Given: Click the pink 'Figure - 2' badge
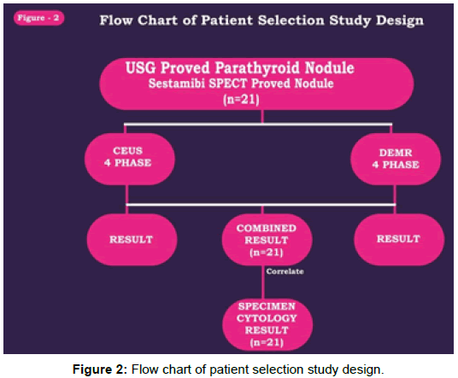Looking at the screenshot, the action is (x=38, y=18).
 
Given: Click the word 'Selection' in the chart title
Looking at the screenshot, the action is (x=291, y=20).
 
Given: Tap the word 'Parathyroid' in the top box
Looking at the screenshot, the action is (x=257, y=68).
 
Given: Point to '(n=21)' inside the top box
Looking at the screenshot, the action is (x=241, y=100).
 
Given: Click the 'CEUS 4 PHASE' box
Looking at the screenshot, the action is (x=130, y=159).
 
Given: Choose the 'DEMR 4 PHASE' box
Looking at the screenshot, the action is (x=396, y=160).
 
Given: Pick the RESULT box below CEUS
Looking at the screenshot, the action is (x=132, y=240).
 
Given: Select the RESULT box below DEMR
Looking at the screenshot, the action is (x=399, y=239).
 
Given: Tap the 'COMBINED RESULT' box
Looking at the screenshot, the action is (x=267, y=240).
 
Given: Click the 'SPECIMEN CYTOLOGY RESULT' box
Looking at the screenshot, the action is (x=267, y=324).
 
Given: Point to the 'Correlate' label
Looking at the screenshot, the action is (x=285, y=271).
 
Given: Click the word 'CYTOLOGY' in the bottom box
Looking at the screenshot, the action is (x=267, y=318).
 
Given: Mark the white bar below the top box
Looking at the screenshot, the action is (x=258, y=125).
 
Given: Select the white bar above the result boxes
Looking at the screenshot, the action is (x=261, y=205).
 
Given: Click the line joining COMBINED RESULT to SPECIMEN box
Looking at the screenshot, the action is (x=263, y=282).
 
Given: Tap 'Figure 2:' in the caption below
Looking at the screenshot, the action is (x=100, y=369).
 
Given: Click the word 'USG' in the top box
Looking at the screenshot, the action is (x=141, y=67).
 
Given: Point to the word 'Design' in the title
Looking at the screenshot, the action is (x=400, y=21).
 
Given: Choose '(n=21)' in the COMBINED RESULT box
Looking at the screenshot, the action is (x=267, y=253).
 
